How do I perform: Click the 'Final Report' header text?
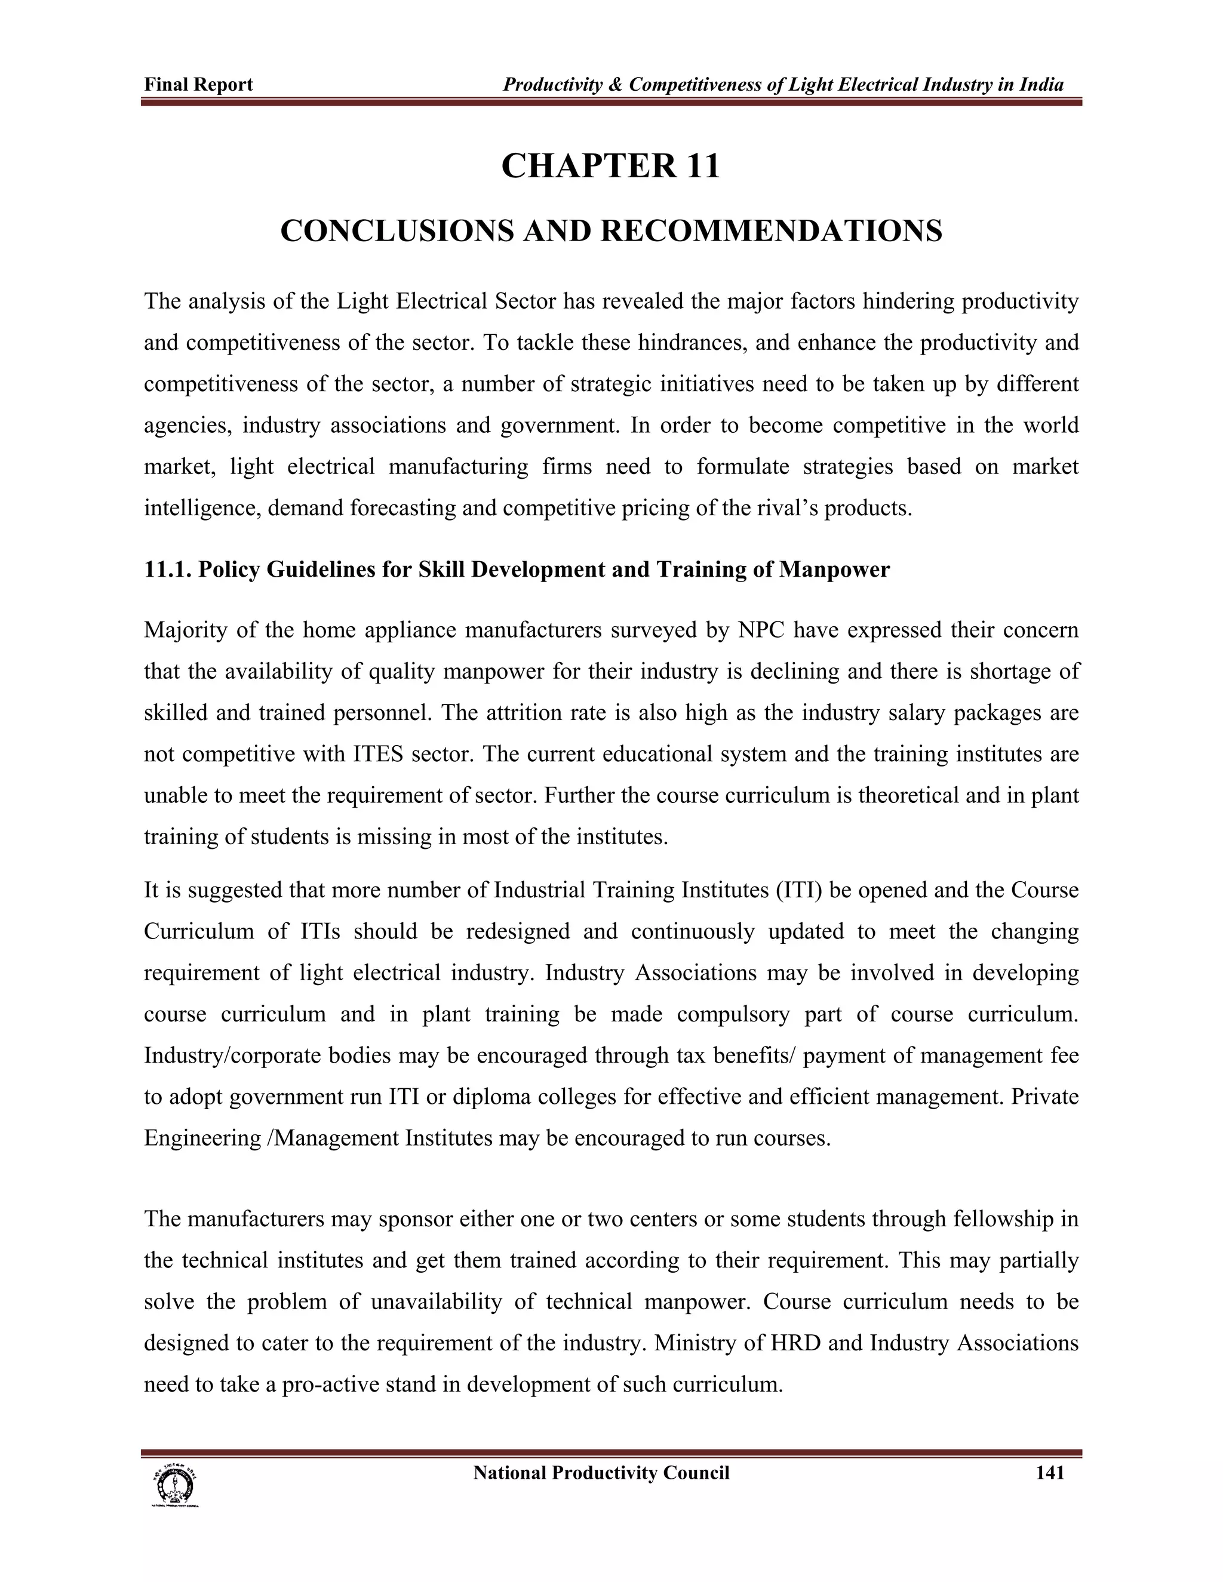point(198,85)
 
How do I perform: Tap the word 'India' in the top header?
point(1042,85)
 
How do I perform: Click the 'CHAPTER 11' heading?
point(611,166)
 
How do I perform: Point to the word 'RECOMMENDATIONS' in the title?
point(771,231)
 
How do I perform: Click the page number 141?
point(1050,1473)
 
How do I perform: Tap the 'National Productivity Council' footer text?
point(601,1473)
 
